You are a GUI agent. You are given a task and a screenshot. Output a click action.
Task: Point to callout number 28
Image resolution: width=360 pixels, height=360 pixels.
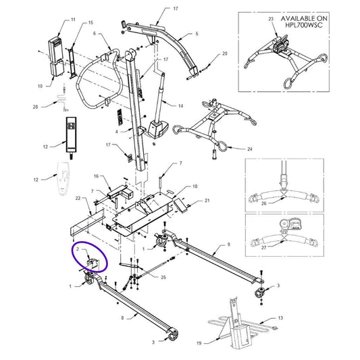(34, 107)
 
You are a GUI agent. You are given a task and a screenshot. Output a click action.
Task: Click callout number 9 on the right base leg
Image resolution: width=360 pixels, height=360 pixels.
(229, 244)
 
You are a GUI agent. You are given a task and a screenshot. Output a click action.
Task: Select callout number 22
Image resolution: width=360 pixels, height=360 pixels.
(78, 198)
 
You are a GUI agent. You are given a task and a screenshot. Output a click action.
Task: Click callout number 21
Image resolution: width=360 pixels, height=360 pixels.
(207, 201)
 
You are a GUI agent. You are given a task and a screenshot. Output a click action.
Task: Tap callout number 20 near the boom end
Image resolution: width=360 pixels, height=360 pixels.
(225, 53)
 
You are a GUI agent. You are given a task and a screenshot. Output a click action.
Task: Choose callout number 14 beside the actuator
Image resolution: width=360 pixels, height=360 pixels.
(181, 107)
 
